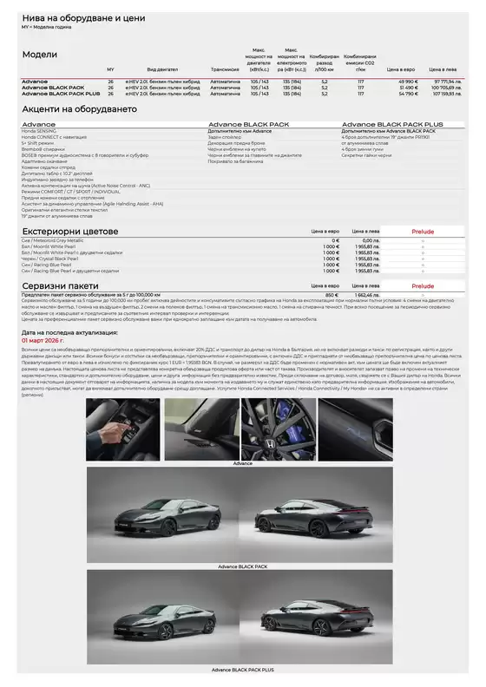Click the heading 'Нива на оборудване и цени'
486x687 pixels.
click(x=83, y=17)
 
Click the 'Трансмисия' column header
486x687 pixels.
click(x=225, y=69)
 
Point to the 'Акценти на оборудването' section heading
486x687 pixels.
click(x=79, y=109)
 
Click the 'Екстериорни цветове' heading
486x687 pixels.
click(x=69, y=232)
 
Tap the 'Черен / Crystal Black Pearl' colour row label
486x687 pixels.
click(x=49, y=258)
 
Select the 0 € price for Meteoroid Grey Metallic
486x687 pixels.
click(x=331, y=240)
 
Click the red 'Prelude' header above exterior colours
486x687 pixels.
click(x=423, y=232)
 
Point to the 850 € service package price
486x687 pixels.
click(x=331, y=294)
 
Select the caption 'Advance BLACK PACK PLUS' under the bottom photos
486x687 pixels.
click(x=243, y=671)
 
